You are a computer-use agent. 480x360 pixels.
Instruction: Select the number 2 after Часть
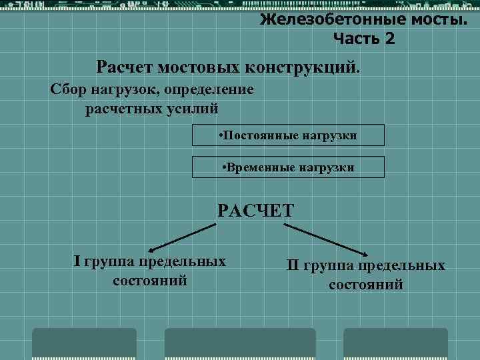point(389,39)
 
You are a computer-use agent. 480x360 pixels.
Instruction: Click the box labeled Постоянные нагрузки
point(288,135)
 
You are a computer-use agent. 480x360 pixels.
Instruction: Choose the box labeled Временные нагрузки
point(288,167)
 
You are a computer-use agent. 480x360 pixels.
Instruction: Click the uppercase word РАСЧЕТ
point(255,211)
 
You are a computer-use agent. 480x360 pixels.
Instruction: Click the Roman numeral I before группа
point(76,261)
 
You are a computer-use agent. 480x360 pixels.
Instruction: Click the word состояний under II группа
point(366,285)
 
